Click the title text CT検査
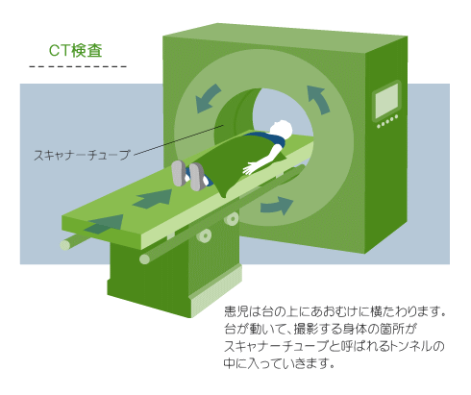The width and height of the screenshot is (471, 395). (x=76, y=51)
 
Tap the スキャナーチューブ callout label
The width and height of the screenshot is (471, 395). (x=82, y=155)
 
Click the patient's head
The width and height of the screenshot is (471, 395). (x=281, y=129)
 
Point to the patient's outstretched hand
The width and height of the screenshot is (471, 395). (x=251, y=167)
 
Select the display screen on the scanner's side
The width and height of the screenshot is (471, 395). (x=386, y=101)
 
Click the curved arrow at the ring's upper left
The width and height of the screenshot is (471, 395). (x=208, y=98)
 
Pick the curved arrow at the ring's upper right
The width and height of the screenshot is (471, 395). (x=318, y=99)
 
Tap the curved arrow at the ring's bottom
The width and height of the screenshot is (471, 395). (x=277, y=206)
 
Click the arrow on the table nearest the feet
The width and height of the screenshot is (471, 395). (x=153, y=199)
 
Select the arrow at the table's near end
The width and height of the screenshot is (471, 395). (x=104, y=224)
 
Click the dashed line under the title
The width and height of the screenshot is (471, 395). (x=78, y=66)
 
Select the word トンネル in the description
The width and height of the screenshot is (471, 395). (x=409, y=346)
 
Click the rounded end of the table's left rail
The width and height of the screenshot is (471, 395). (x=65, y=245)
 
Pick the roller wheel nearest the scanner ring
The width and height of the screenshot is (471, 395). (x=232, y=219)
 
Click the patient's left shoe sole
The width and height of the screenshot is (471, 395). (x=179, y=173)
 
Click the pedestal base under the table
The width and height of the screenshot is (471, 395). (x=175, y=282)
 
